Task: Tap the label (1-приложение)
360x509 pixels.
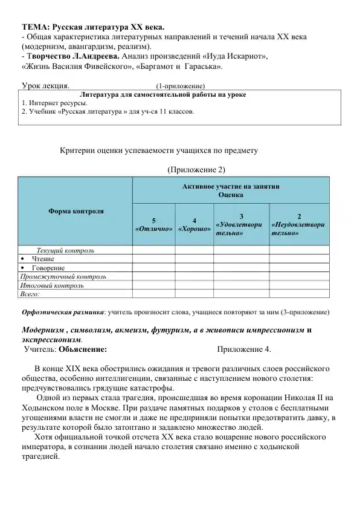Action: [x=181, y=86]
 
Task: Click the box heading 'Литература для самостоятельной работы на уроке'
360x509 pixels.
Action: [x=163, y=95]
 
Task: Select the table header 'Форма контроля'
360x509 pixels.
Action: [x=76, y=212]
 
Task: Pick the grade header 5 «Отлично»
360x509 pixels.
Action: [x=153, y=225]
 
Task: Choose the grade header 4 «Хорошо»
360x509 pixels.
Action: [x=194, y=225]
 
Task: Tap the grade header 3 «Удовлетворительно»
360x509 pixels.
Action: [x=241, y=224]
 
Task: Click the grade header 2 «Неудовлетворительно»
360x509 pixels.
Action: [x=299, y=224]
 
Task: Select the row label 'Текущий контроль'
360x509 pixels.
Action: [x=65, y=250]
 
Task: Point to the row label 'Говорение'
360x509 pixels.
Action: [x=48, y=268]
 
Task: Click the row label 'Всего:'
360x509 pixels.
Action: [x=30, y=294]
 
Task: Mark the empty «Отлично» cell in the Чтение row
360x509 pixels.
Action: [x=153, y=259]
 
